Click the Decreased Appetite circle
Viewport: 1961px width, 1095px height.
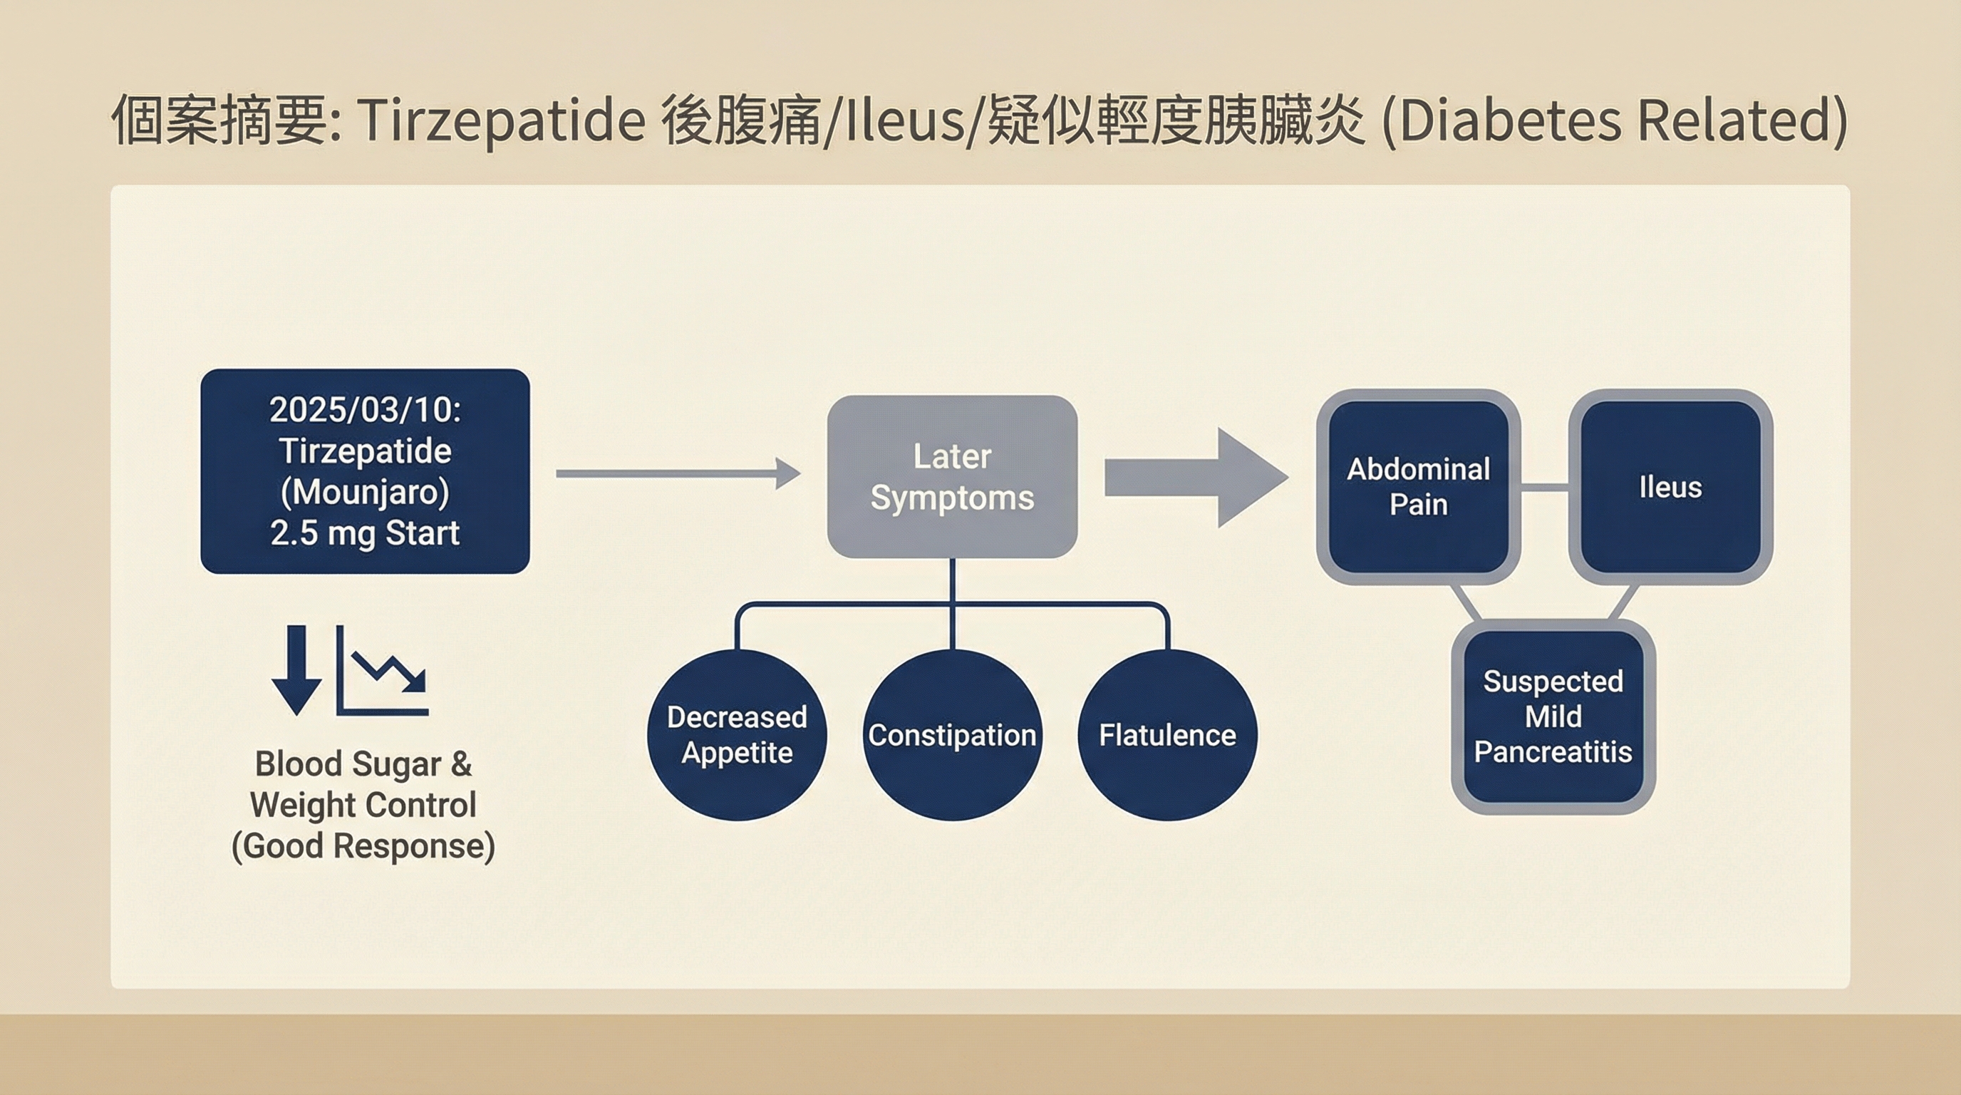coord(736,735)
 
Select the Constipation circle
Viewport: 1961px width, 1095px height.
coord(951,735)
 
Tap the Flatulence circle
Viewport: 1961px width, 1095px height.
coord(1167,735)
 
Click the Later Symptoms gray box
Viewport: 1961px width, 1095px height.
coord(951,477)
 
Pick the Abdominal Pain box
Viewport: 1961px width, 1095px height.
coord(1418,487)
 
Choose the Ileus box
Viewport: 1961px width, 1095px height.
coord(1670,487)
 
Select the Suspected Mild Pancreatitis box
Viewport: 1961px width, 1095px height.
coord(1553,716)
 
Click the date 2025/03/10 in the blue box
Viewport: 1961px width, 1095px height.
coord(364,410)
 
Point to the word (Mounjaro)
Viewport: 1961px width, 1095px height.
coord(365,492)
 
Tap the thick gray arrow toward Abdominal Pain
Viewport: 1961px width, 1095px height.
coord(1195,478)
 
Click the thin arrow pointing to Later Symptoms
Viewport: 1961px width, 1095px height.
coord(678,473)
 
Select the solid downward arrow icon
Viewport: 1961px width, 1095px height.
coord(296,670)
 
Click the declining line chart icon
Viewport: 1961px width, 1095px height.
coord(383,672)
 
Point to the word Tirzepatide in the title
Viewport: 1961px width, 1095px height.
coord(501,120)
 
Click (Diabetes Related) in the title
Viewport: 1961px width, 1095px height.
coord(1614,120)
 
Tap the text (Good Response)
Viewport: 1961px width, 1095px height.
coord(363,846)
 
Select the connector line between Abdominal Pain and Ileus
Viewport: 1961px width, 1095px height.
coord(1545,487)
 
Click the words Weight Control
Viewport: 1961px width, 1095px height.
coord(363,805)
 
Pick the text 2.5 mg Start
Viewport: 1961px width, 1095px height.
coord(365,533)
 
